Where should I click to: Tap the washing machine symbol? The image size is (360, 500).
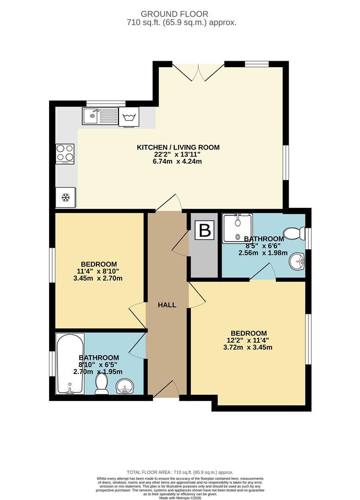[128, 116]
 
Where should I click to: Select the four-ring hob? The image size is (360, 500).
[65, 154]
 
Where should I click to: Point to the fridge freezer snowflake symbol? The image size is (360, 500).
[65, 198]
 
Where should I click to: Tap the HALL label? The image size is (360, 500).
[167, 305]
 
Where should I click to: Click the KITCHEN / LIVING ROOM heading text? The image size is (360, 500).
[178, 148]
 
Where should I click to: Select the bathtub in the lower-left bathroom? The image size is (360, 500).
[69, 364]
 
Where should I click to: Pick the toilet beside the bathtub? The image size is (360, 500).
[101, 384]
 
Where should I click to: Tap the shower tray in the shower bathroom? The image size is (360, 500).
[237, 227]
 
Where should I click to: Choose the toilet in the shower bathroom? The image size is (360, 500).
[294, 232]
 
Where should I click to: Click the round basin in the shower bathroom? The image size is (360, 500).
[297, 262]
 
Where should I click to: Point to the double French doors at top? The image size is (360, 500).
[198, 72]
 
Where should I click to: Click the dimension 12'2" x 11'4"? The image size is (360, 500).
[249, 340]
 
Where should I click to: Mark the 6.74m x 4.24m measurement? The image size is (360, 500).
[178, 162]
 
